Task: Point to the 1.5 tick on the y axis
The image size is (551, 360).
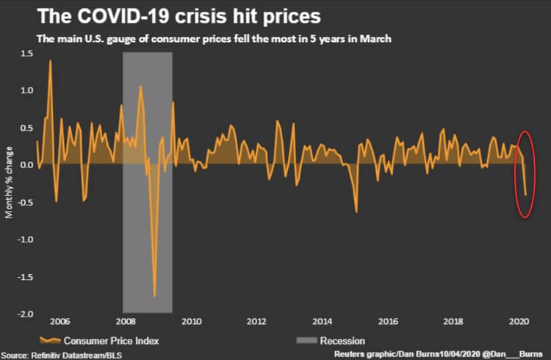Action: tap(27, 53)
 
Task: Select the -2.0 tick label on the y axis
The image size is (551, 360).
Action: tap(26, 314)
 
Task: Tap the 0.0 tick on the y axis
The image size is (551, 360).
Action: tap(27, 165)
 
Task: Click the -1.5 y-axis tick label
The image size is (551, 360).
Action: tap(26, 276)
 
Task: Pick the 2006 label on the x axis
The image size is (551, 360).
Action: tap(60, 321)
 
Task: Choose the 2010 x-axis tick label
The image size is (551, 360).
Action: tap(191, 321)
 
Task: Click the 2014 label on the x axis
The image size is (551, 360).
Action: tap(322, 321)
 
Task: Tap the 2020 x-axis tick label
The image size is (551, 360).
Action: tap(519, 321)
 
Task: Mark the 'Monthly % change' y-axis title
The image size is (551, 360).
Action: tap(9, 184)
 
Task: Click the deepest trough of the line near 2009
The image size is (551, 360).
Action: tap(154, 295)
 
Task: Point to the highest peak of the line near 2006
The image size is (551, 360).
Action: tap(50, 61)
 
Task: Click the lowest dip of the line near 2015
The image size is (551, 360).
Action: tap(356, 212)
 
